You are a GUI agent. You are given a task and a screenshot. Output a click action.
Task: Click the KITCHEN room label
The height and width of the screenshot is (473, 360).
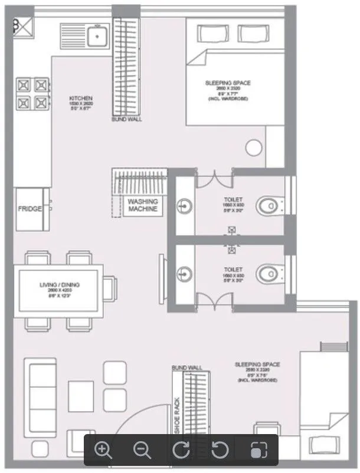tap(81, 98)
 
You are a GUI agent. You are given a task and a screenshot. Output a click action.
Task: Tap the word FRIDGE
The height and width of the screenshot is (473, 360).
tap(30, 209)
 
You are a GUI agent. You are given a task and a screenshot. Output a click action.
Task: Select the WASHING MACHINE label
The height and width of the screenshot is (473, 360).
tap(143, 205)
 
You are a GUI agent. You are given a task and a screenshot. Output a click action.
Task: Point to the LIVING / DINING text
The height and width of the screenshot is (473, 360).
tap(60, 285)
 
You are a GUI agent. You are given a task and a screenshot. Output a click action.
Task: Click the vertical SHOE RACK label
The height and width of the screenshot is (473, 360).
tap(177, 413)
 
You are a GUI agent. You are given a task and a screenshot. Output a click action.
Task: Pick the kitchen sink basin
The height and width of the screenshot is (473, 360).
tap(96, 37)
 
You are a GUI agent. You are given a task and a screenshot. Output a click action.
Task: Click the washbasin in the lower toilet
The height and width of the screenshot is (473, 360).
tap(184, 273)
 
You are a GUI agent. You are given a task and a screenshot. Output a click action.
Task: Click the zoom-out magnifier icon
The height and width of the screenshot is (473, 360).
tap(142, 450)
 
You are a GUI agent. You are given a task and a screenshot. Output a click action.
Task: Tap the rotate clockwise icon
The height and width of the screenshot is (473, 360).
tap(181, 450)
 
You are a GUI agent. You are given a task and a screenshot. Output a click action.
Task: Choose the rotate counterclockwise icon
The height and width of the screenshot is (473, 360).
tap(220, 450)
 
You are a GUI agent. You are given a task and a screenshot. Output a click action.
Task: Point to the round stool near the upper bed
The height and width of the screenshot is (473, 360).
tap(254, 148)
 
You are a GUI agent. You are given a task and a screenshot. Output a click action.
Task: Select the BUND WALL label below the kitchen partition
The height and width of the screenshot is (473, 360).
tap(126, 119)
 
